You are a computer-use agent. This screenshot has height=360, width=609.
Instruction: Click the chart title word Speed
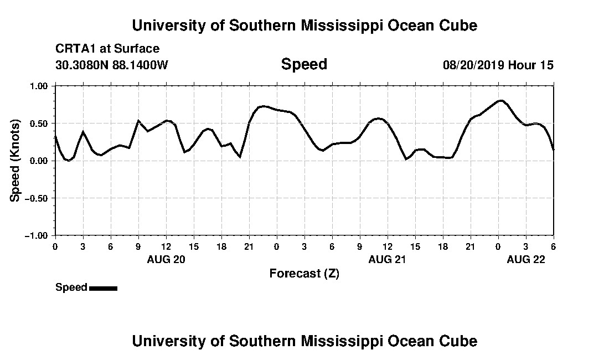304,64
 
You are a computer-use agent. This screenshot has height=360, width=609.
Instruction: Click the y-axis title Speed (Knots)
16,160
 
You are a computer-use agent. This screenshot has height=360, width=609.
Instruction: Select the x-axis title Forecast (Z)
304,273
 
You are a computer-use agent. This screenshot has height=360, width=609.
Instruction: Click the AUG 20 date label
166,259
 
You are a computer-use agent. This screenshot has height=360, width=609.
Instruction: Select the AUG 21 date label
388,259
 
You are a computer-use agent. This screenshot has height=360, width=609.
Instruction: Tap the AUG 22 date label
526,259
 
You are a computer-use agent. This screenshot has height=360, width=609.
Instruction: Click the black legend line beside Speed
103,288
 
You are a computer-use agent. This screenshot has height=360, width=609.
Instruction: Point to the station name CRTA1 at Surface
107,49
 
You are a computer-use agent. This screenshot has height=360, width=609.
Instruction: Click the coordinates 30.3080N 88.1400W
112,65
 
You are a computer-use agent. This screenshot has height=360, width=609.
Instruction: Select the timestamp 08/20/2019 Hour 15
498,65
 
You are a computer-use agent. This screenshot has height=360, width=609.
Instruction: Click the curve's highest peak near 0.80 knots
500,101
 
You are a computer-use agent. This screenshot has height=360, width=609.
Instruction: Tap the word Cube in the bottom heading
461,341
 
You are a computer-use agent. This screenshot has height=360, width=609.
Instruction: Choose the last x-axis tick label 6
554,246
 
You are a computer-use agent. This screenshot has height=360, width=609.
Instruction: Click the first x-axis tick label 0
55,246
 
